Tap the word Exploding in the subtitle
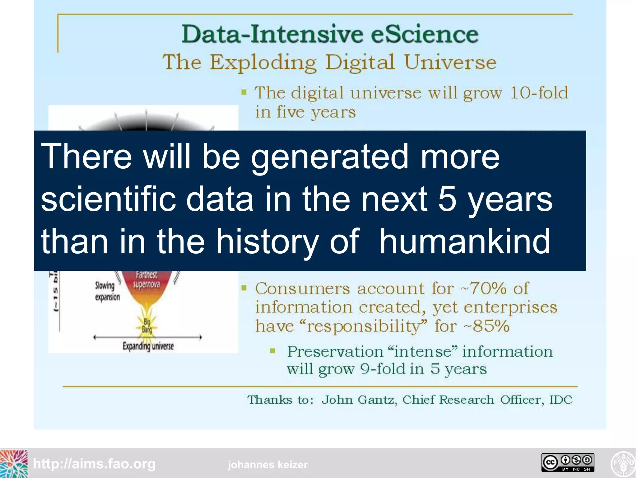(x=263, y=63)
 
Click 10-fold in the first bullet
(x=539, y=93)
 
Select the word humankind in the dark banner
(x=465, y=241)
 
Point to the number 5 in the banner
(x=447, y=199)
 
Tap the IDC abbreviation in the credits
(x=560, y=400)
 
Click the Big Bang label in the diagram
(x=147, y=326)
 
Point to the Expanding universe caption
(x=148, y=346)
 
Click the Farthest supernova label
(x=146, y=279)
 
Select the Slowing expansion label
(x=107, y=291)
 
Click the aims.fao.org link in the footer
(x=94, y=464)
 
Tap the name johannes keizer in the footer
(x=267, y=465)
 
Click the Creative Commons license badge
(x=568, y=462)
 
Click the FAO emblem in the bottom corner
(x=623, y=464)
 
